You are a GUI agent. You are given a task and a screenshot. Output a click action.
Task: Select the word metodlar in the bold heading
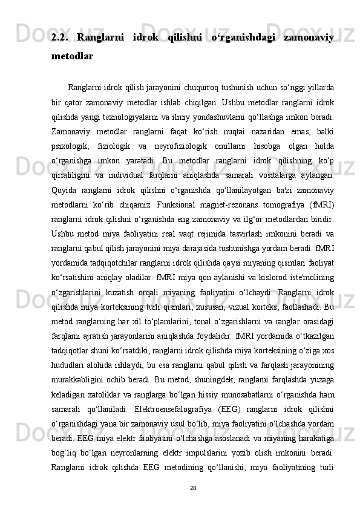pyautogui.click(x=72, y=56)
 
